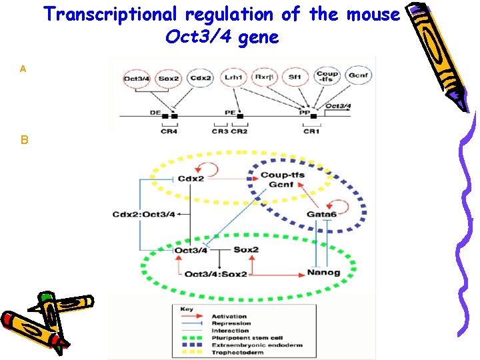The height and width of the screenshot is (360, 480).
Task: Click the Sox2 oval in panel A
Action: click(169, 79)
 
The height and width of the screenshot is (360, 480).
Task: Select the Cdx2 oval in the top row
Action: click(200, 79)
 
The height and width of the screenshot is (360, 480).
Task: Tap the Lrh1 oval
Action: click(233, 77)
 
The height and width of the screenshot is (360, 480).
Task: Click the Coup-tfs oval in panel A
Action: click(327, 77)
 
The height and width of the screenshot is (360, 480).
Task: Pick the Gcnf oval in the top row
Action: click(359, 77)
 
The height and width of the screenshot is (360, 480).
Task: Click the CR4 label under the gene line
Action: click(169, 131)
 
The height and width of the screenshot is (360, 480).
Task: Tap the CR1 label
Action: click(311, 131)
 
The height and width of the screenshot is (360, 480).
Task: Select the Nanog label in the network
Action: click(324, 273)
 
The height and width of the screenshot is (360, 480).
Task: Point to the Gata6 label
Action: click(322, 214)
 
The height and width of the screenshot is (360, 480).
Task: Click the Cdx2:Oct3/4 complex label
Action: click(144, 214)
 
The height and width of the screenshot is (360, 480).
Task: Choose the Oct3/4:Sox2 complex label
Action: click(215, 274)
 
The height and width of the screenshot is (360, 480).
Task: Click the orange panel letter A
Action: click(23, 69)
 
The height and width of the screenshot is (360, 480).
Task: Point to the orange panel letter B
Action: click(24, 141)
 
